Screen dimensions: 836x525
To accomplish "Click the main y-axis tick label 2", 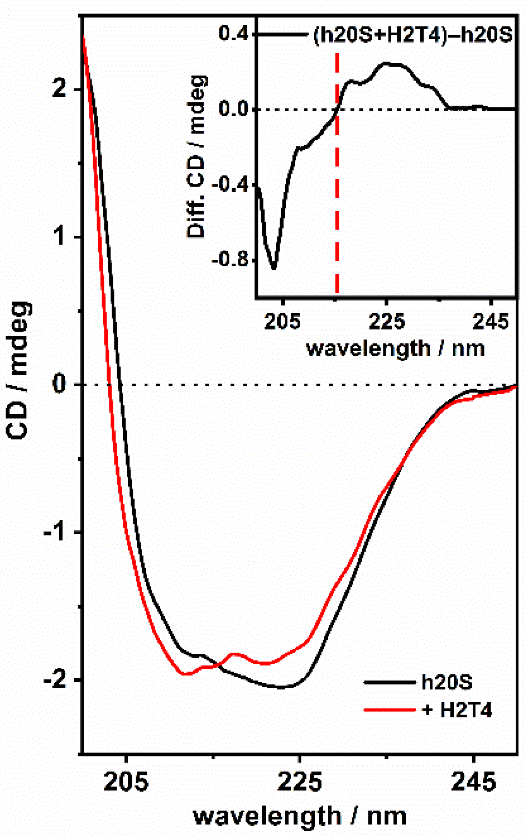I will pyautogui.click(x=59, y=88).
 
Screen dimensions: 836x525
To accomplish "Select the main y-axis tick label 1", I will pyautogui.click(x=59, y=237).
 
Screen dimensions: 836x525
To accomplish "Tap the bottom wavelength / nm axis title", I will pyautogui.click(x=300, y=817).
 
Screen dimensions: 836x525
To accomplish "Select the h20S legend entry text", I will pyautogui.click(x=447, y=682).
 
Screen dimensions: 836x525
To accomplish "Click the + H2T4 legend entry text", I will pyautogui.click(x=457, y=710).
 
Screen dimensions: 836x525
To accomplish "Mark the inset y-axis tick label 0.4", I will pyautogui.click(x=234, y=34).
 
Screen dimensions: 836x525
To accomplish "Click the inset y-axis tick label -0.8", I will pyautogui.click(x=229, y=259).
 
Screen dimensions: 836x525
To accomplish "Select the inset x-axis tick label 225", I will pyautogui.click(x=387, y=321).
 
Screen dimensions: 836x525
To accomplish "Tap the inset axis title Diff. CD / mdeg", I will pyautogui.click(x=196, y=157).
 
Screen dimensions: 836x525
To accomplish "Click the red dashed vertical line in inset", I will pyautogui.click(x=337, y=185).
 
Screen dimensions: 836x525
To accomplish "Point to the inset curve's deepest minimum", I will pyautogui.click(x=274, y=268).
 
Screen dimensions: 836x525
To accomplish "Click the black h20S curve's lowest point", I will pyautogui.click(x=281, y=687).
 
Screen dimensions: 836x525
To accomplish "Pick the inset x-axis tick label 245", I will pyautogui.click(x=491, y=321).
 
